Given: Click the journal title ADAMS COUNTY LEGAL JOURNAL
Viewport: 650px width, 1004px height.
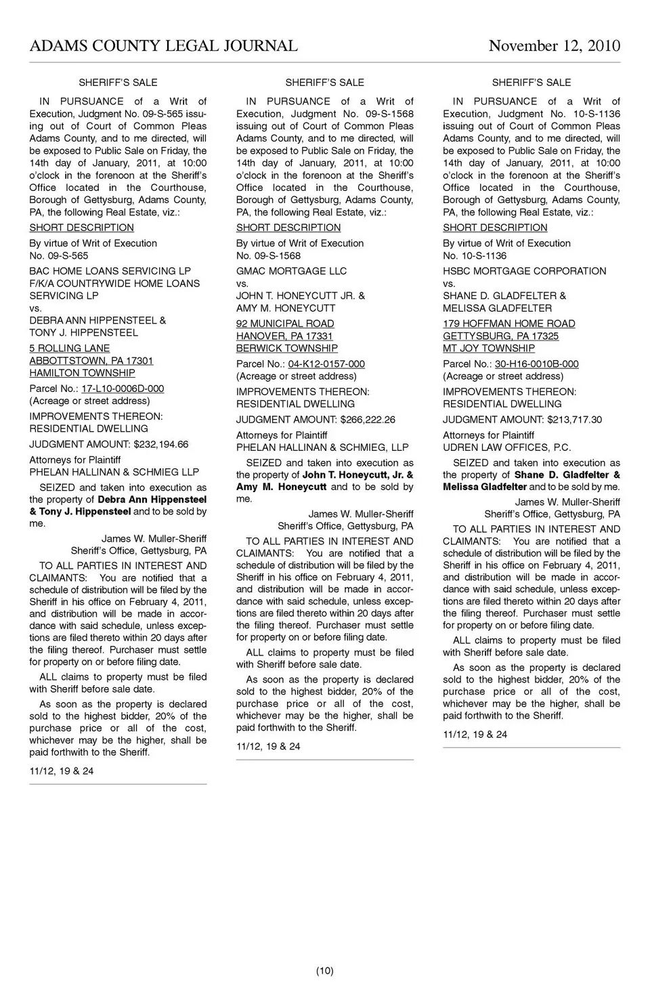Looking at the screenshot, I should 163,46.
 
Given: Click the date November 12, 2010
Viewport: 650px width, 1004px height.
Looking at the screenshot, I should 554,46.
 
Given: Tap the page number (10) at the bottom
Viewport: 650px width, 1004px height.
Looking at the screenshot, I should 324,971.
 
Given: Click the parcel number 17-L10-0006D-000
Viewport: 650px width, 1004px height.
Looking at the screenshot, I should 123,389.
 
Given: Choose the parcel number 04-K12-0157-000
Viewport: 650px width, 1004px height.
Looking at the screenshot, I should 326,364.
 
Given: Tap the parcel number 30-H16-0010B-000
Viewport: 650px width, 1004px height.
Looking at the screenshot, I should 536,364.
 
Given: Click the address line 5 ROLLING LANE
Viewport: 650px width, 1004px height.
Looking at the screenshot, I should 69,349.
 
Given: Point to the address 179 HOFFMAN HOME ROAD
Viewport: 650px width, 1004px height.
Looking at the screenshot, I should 508,324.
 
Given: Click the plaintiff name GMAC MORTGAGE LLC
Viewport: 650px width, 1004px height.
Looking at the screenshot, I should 291,271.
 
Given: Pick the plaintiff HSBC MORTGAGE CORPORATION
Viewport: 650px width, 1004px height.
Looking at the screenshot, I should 524,271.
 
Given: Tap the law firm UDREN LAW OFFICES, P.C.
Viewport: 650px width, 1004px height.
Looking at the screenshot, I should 506,448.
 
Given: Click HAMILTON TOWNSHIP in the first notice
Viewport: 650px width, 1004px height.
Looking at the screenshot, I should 82,373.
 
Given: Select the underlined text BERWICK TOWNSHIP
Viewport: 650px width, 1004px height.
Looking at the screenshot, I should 286,348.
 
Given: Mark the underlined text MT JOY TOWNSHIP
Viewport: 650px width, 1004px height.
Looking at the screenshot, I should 488,348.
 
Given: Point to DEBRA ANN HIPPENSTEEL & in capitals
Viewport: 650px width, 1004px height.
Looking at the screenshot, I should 97,320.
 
